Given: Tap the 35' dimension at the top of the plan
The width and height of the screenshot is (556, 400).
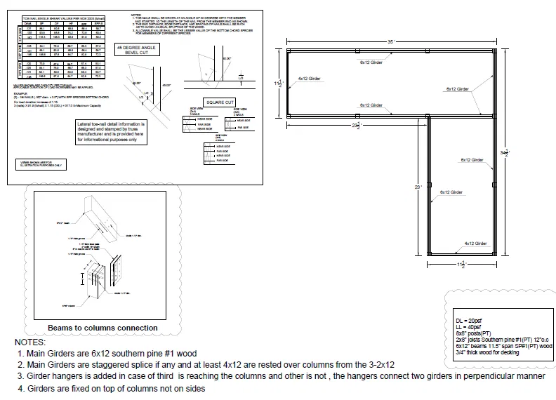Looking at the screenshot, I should point(390,42).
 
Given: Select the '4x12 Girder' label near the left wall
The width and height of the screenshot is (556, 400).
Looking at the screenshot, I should point(309,79).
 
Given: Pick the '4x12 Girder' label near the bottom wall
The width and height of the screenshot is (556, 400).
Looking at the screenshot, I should point(475,244).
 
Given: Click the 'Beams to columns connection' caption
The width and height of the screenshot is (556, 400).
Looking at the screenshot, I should point(102,328).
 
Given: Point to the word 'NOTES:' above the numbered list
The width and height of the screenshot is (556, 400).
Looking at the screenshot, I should point(30,342).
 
